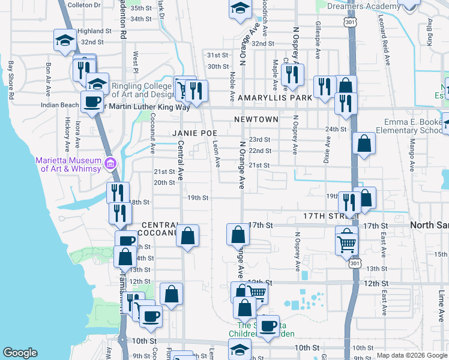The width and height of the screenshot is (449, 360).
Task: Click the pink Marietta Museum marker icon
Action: [x=110, y=163]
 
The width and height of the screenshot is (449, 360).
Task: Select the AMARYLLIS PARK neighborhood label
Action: [x=275, y=97]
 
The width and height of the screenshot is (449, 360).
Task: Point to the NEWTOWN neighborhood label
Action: [x=256, y=119]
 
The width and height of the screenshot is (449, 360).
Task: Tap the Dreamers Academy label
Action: [x=364, y=7]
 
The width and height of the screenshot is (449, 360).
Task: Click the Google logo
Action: [x=20, y=353]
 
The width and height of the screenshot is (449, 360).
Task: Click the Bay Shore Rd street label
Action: [x=11, y=77]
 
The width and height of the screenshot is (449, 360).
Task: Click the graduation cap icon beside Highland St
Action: [x=65, y=40]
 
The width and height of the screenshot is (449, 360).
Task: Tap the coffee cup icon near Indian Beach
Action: [x=92, y=103]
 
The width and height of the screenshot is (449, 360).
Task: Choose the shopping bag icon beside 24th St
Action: [x=364, y=144]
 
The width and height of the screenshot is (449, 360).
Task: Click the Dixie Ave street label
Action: [x=328, y=151]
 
